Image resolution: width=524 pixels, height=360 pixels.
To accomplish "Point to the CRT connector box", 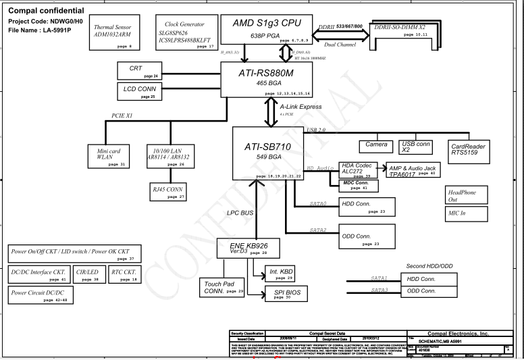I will tap(139, 71).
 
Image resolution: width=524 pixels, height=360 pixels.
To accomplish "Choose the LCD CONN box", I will tap(139, 91).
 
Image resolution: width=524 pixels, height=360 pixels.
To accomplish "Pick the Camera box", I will tap(376, 146).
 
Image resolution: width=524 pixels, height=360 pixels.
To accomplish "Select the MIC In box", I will tap(466, 213).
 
